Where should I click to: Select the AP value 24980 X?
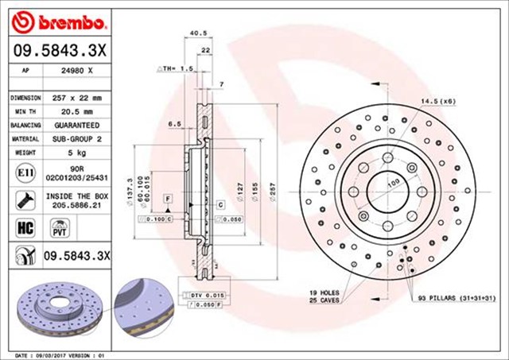point(79,70)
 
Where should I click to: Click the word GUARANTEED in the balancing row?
point(77,126)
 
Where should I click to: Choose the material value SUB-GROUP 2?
point(77,139)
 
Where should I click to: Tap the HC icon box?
point(22,227)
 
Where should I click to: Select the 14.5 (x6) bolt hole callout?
point(437,102)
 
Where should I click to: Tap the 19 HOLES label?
point(324,293)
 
